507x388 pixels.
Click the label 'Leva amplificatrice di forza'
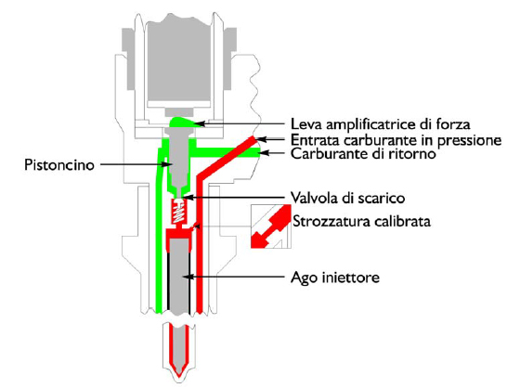tap(381, 123)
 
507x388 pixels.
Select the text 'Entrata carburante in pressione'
tap(396, 140)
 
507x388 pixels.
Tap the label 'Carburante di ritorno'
tap(363, 153)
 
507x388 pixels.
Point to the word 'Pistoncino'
tap(59, 165)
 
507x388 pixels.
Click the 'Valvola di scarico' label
tap(347, 198)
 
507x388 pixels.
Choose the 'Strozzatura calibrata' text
tap(361, 222)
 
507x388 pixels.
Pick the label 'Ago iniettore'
tap(335, 278)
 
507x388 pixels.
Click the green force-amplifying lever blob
tap(182, 123)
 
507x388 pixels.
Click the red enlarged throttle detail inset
tap(271, 226)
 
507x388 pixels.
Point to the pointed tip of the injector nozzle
tap(179, 376)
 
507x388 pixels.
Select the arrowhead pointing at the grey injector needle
tap(187, 277)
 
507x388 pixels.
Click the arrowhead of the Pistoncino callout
tap(167, 164)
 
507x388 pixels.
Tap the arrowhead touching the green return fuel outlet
tap(266, 153)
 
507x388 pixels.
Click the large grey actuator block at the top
tap(179, 59)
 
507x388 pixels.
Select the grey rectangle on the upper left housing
tap(128, 58)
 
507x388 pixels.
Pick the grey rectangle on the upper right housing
tap(230, 58)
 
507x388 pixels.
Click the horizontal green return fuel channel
tap(227, 152)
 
